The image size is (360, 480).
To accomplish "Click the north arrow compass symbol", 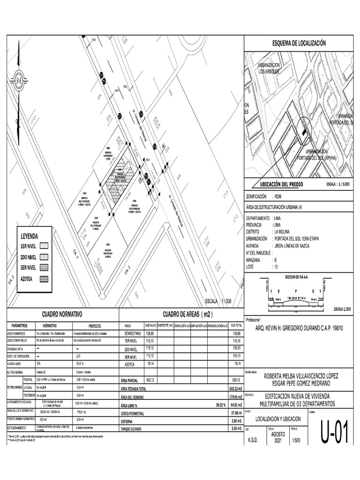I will tap(18, 80).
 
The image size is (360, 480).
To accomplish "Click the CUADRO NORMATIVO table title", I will tap(62, 314).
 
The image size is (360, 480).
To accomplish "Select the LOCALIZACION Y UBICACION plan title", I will tap(278, 419).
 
